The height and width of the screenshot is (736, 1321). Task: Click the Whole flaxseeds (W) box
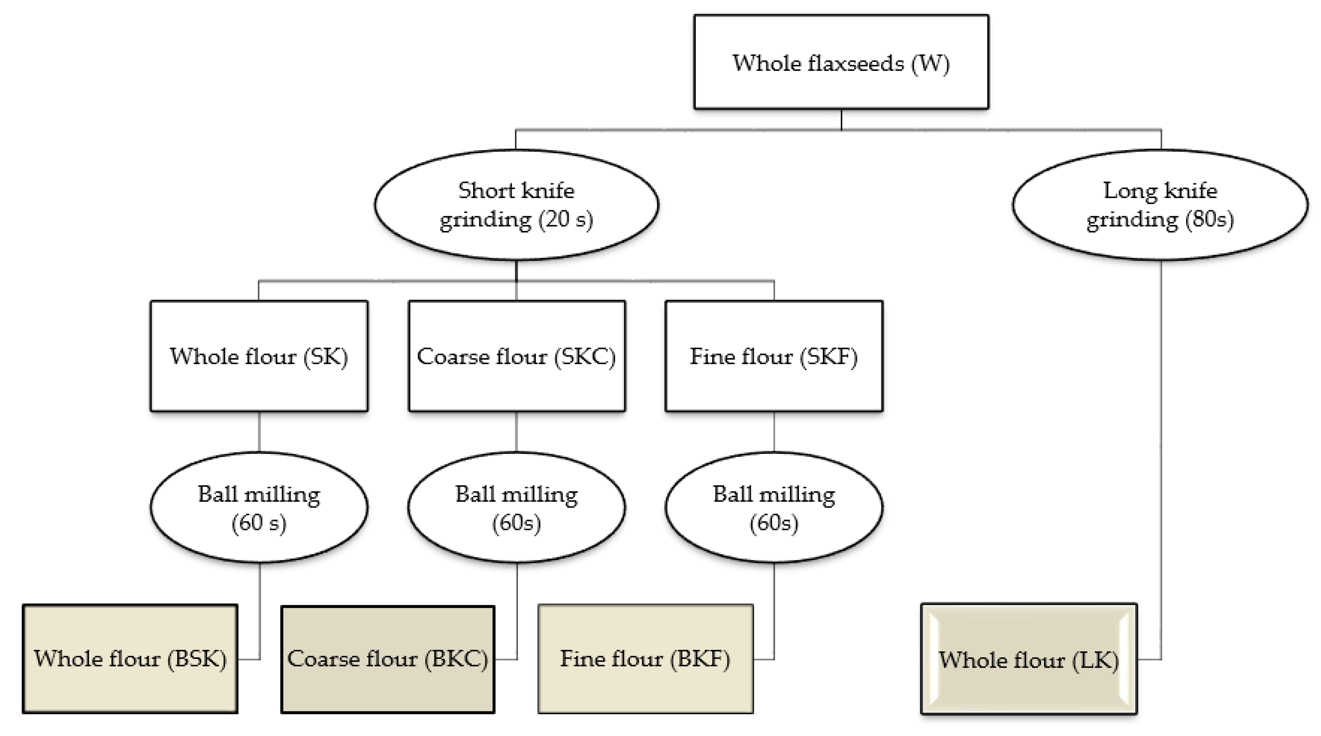tap(841, 62)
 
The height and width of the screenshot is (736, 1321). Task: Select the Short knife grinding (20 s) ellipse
tap(516, 205)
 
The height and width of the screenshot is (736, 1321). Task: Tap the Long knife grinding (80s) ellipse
tap(1160, 205)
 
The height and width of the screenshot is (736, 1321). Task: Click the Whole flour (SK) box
tap(259, 356)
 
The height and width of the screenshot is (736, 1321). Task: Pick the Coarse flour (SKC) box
tap(516, 356)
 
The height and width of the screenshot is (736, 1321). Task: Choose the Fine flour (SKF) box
tap(774, 356)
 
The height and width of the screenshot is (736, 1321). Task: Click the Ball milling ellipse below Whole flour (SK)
tap(259, 507)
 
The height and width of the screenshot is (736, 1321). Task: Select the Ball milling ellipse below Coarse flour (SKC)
tap(516, 507)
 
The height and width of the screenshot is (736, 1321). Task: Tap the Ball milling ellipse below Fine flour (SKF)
tap(774, 507)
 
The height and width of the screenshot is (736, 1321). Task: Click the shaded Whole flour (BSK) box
tap(130, 659)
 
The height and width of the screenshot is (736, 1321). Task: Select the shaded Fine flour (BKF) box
tap(645, 659)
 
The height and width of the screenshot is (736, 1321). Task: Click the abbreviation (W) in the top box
tap(930, 64)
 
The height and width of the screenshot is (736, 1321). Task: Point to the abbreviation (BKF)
tap(700, 659)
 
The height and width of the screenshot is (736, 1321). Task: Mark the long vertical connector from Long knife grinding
tap(1161, 436)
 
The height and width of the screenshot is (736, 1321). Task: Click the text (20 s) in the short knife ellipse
tap(566, 220)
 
